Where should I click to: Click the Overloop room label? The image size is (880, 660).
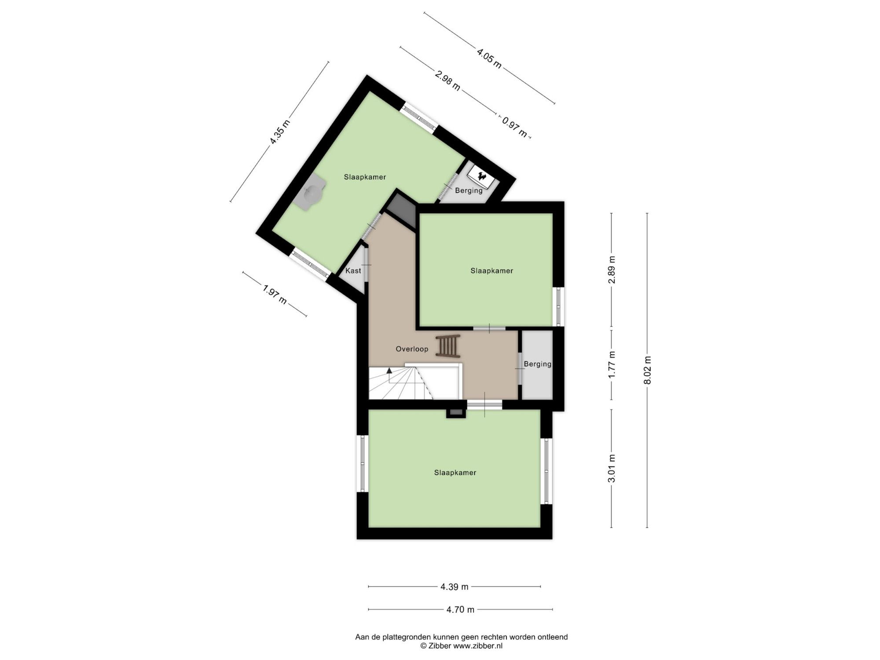click(412, 349)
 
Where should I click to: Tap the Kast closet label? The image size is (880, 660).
click(353, 271)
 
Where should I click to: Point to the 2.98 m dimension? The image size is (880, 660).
click(447, 81)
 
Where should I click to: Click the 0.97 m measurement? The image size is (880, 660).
click(515, 127)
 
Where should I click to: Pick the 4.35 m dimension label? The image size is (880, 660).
click(280, 132)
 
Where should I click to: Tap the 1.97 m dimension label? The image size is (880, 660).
click(275, 294)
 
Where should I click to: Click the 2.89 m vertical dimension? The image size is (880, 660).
click(612, 270)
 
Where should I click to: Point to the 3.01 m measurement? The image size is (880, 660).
click(612, 468)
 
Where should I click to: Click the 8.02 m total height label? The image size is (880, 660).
click(647, 370)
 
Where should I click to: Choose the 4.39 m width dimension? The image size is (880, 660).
click(455, 587)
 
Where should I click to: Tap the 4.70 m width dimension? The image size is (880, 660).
click(460, 609)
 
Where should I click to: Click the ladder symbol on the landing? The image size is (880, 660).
click(448, 346)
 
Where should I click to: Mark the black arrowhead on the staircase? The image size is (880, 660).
click(389, 370)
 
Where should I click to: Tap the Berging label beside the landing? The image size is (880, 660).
click(538, 364)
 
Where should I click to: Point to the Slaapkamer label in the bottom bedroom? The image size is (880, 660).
click(455, 473)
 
